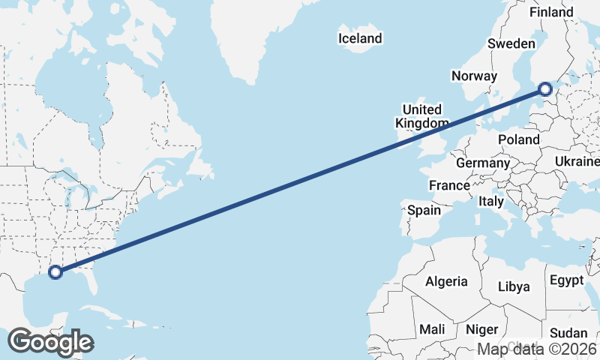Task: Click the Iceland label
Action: [x=360, y=38]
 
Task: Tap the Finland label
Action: [x=551, y=12]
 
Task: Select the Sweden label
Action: [x=511, y=43]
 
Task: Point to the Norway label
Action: [x=474, y=76]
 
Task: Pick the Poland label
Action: [x=518, y=139]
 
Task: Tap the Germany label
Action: [x=483, y=163]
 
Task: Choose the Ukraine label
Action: [x=577, y=161]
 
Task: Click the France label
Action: [x=449, y=185]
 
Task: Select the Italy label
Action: [x=491, y=202]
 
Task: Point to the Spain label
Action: [x=424, y=211]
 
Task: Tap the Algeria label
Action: [x=446, y=282]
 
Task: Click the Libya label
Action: [x=514, y=286]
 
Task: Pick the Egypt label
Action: [x=566, y=280]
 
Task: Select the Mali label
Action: [x=432, y=329]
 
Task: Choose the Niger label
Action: [x=481, y=329]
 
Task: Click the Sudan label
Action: [x=568, y=333]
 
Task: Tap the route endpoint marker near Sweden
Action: [x=545, y=90]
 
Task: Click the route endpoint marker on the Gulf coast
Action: [x=55, y=271]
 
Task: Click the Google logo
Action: [x=50, y=342]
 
